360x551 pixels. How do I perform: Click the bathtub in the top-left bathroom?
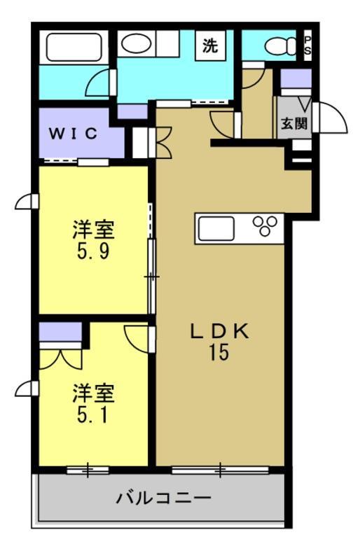[x=74, y=47]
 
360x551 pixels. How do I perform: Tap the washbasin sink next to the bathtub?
[x=134, y=43]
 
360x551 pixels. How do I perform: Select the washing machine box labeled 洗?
[x=210, y=46]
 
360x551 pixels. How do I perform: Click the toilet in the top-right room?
[x=280, y=46]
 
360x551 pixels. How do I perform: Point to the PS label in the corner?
[x=307, y=46]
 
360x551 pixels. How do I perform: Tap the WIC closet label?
[x=73, y=134]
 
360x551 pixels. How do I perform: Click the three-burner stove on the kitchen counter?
[x=265, y=226]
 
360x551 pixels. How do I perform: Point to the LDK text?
[x=218, y=332]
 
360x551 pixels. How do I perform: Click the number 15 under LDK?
[x=218, y=353]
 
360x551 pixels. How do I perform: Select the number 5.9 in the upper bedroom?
[x=92, y=250]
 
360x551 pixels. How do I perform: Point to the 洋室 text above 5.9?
[x=92, y=229]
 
